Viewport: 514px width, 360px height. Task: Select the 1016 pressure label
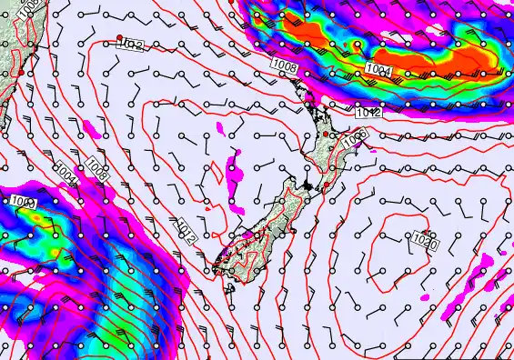tap(355, 135)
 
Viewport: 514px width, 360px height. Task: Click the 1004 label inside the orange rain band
tap(380, 70)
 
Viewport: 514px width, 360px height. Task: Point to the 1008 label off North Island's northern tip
tap(282, 63)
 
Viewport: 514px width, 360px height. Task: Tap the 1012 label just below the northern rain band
tap(368, 112)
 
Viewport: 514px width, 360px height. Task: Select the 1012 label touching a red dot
tap(132, 43)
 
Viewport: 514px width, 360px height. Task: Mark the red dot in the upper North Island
tap(326, 135)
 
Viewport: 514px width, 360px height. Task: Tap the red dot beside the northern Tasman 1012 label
tap(119, 37)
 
